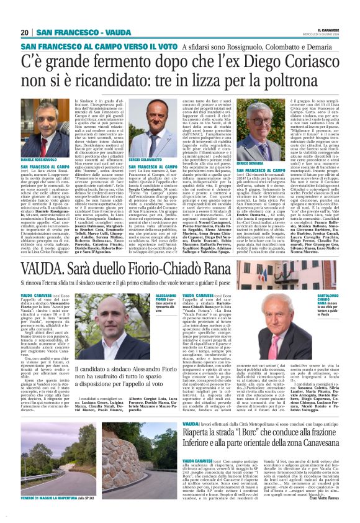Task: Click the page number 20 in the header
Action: [x=24, y=32]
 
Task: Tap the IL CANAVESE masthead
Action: [x=334, y=30]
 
